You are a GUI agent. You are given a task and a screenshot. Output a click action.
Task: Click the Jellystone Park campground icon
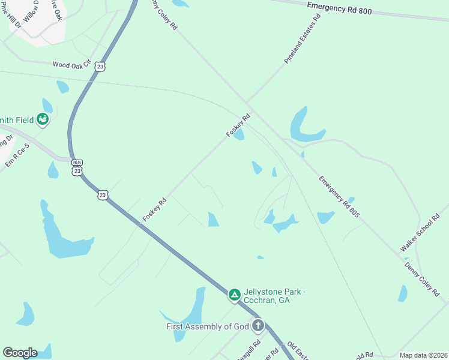coord(234,295)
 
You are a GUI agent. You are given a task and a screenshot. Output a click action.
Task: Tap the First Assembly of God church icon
coord(258,326)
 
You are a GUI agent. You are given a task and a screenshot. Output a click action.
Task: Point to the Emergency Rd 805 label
coord(339,196)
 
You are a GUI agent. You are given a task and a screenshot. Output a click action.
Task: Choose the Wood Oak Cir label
coord(71,63)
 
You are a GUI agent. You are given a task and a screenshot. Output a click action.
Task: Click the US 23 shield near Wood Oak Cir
coord(100,67)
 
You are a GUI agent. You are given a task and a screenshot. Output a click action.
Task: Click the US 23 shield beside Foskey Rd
coord(103,195)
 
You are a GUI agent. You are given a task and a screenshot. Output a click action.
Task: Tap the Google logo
coord(20,353)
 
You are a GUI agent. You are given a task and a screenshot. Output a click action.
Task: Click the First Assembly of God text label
coord(207,326)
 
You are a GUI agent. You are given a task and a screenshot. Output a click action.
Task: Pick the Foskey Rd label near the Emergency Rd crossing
coord(237,126)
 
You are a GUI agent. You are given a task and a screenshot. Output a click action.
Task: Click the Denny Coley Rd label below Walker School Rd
coord(422,279)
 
